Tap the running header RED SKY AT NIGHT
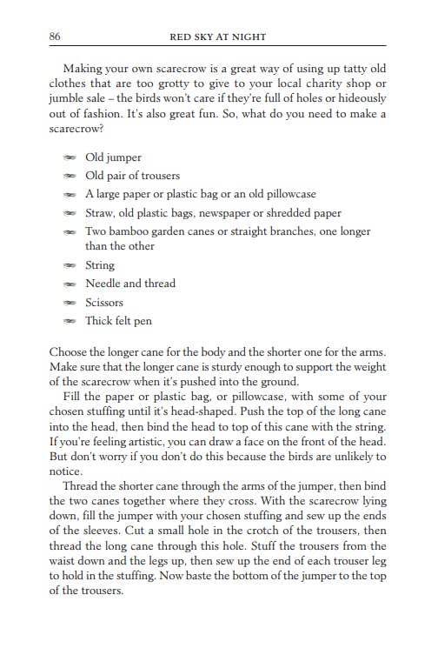(x=218, y=37)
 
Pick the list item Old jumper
(x=113, y=157)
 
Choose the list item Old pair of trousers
(x=132, y=176)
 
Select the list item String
(x=100, y=265)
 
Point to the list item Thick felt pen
(x=118, y=321)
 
